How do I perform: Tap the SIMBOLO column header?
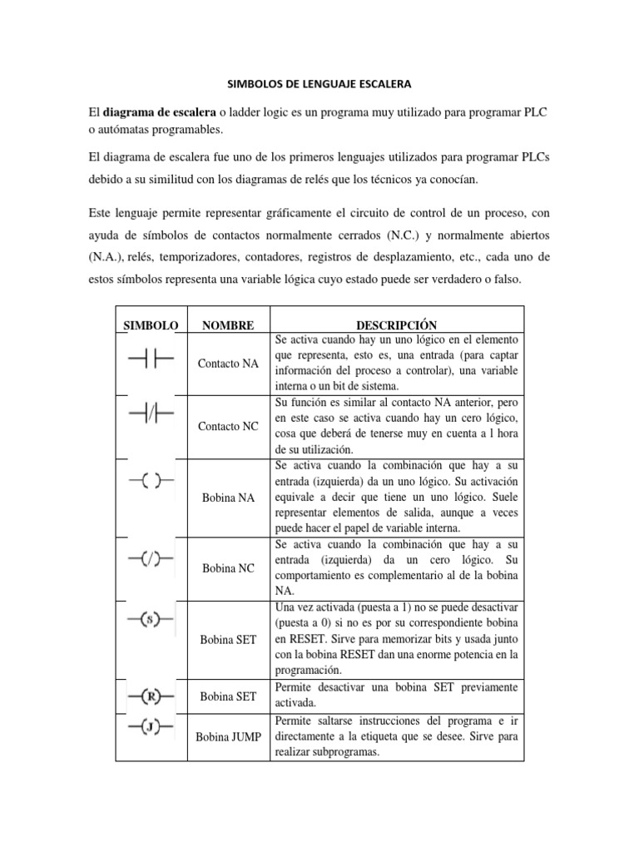pyautogui.click(x=151, y=324)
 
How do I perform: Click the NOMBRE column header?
pyautogui.click(x=228, y=324)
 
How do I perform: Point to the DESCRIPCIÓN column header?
pyautogui.click(x=396, y=324)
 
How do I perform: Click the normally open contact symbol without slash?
pyautogui.click(x=150, y=359)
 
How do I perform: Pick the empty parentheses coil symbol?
pyautogui.click(x=150, y=480)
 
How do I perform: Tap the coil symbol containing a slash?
pyautogui.click(x=150, y=559)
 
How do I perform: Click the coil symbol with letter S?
pyautogui.click(x=150, y=620)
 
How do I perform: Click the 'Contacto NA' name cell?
pyautogui.click(x=229, y=364)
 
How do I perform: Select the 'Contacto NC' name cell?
pyautogui.click(x=229, y=426)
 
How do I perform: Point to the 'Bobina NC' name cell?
pyautogui.click(x=229, y=568)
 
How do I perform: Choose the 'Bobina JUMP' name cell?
pyautogui.click(x=229, y=736)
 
